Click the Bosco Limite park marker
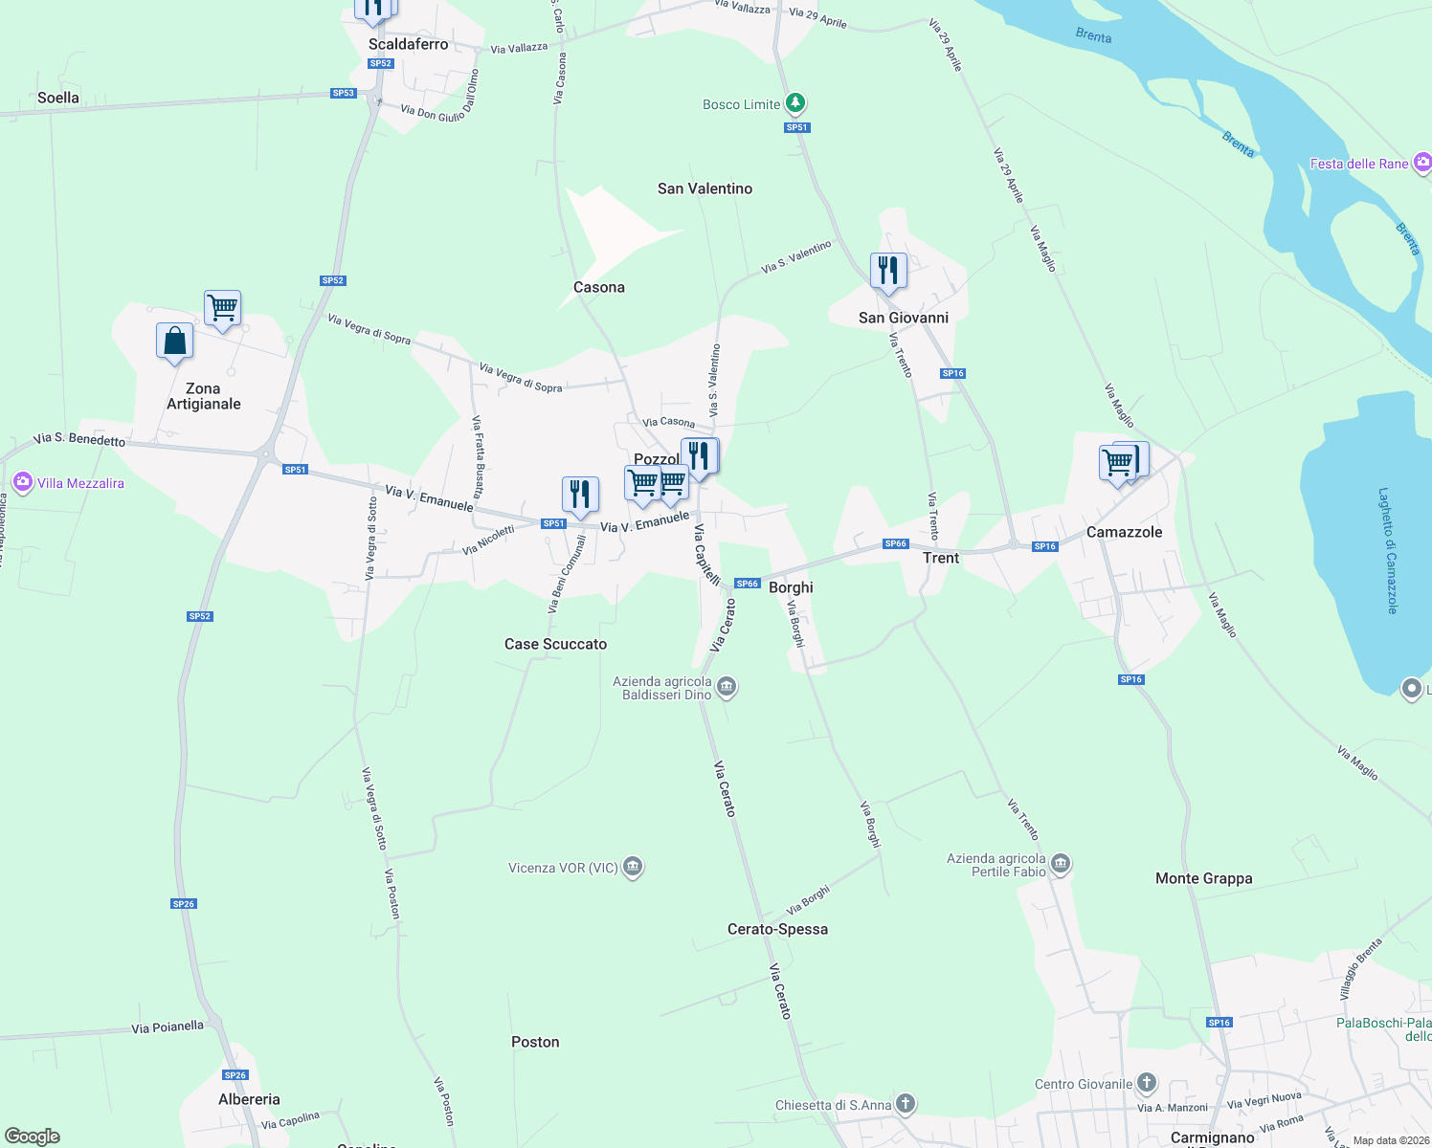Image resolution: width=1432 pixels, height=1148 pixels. [x=794, y=102]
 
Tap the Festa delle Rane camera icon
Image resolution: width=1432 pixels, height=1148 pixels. [x=1422, y=163]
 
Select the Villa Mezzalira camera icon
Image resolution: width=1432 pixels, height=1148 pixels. [x=23, y=482]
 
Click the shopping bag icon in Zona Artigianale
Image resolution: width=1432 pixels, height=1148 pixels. [x=175, y=341]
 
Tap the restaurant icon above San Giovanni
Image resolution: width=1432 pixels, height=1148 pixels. [x=888, y=271]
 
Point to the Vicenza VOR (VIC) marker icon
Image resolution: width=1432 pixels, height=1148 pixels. [x=632, y=867]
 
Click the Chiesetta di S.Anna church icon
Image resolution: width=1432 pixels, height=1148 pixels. [x=905, y=1104]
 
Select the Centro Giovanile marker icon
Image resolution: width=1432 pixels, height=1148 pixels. [x=1146, y=1083]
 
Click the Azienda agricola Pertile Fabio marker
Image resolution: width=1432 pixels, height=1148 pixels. [x=1060, y=865]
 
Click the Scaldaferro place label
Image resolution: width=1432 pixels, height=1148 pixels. [x=408, y=44]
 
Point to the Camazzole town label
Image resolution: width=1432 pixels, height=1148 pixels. [x=1124, y=532]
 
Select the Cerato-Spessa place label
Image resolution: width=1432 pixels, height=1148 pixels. [x=777, y=929]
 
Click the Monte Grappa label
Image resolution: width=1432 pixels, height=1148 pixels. [x=1203, y=878]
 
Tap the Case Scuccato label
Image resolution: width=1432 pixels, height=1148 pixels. [x=555, y=644]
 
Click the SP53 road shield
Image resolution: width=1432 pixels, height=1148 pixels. [x=343, y=93]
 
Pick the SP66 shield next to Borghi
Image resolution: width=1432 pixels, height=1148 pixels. [x=747, y=584]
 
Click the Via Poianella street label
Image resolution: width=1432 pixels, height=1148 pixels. [x=168, y=1027]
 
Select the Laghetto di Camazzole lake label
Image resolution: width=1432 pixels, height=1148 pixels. [x=1388, y=551]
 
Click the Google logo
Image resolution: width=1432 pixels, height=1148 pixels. [x=33, y=1137]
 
